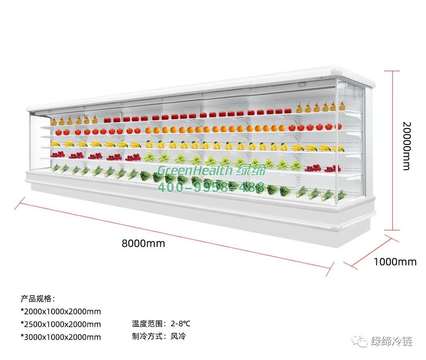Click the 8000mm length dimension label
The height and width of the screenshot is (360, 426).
[143, 243]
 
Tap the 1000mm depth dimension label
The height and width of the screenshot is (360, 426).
[395, 262]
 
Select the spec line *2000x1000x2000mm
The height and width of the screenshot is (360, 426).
[61, 311]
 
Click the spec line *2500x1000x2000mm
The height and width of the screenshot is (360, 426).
[61, 324]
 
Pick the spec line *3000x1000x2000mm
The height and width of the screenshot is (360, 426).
[61, 337]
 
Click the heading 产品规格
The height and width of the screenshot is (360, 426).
[38, 298]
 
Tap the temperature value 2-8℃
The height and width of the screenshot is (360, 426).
[181, 324]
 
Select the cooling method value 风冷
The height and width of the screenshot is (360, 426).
[178, 336]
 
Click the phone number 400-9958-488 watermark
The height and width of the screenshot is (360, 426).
[211, 187]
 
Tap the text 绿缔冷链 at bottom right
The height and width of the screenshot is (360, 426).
[392, 341]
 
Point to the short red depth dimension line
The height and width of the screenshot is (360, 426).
[368, 252]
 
